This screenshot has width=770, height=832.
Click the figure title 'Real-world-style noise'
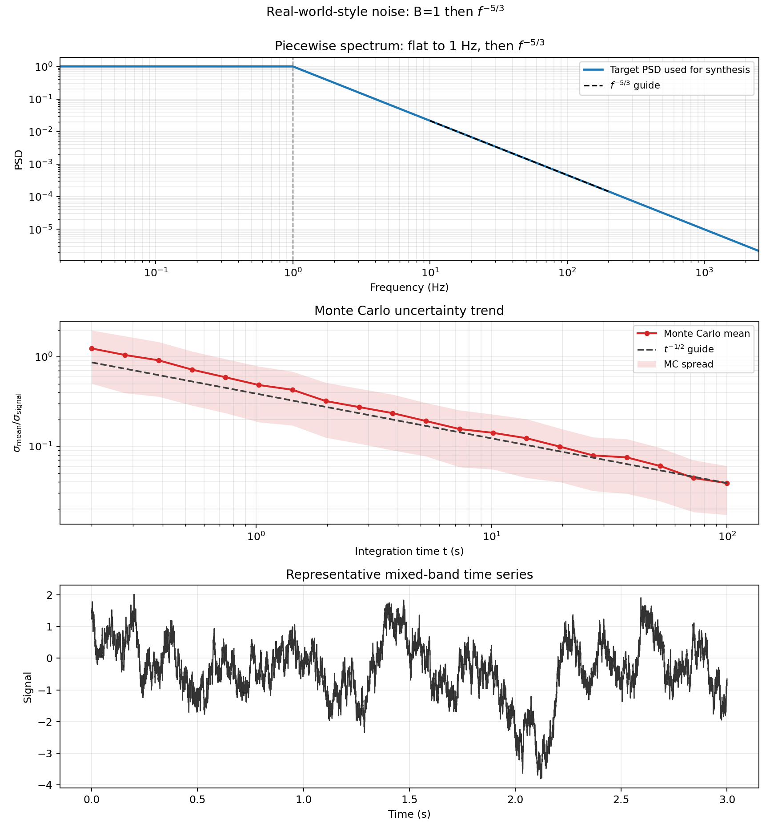(385, 12)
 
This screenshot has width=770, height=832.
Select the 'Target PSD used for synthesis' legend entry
(679, 70)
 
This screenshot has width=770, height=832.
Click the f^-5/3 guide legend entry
(634, 85)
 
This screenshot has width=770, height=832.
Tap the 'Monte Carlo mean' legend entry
(706, 334)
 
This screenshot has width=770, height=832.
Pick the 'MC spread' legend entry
(688, 364)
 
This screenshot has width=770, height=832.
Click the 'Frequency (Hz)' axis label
(409, 287)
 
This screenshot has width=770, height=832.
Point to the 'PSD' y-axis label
(19, 160)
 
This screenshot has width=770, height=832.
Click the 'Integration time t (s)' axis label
(409, 552)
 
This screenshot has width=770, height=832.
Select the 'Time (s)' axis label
(409, 815)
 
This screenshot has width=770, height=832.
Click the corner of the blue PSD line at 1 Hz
(293, 67)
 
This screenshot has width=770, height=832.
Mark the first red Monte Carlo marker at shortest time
(92, 349)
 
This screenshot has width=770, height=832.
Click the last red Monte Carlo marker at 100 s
(727, 483)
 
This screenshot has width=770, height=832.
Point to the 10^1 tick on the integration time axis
(491, 537)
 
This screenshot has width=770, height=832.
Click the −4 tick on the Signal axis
(46, 785)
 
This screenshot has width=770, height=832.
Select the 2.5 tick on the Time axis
(621, 800)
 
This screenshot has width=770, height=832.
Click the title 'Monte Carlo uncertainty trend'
(409, 311)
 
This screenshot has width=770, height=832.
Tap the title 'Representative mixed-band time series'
(409, 575)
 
